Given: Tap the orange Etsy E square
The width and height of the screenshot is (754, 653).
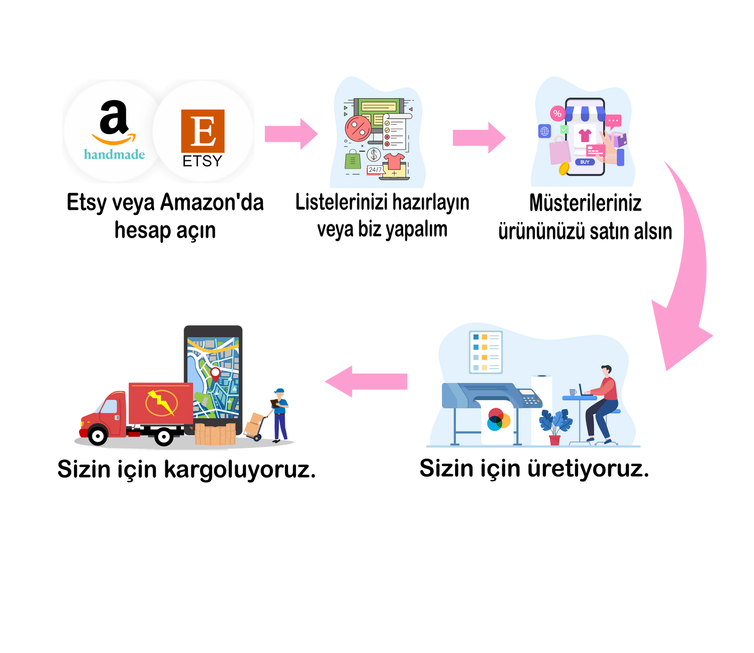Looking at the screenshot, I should (203, 131).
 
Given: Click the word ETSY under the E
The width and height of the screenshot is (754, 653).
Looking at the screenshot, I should (202, 161).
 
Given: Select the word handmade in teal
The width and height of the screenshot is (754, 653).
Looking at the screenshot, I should (115, 154).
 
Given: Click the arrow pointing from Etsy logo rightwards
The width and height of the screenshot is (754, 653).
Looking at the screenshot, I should (291, 134).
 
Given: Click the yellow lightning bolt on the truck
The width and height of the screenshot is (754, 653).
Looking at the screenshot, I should (161, 402).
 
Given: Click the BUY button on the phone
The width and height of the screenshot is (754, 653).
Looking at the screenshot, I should (585, 162).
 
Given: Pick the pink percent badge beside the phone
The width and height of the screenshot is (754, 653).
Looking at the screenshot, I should (557, 114).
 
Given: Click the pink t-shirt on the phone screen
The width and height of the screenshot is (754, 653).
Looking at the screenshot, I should (585, 135).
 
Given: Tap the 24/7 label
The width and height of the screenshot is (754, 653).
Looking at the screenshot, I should (375, 170).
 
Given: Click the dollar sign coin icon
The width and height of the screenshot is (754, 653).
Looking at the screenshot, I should (373, 154).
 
